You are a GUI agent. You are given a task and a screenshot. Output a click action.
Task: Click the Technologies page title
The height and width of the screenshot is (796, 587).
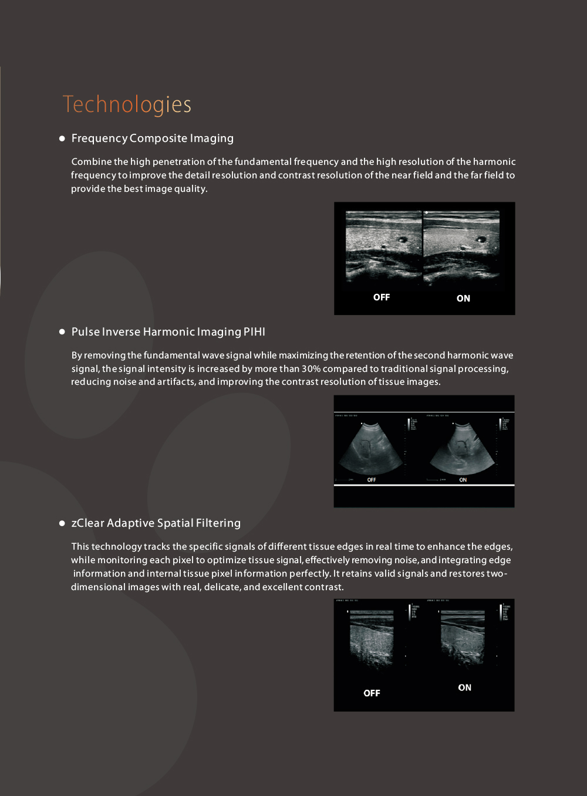pyautogui.click(x=127, y=104)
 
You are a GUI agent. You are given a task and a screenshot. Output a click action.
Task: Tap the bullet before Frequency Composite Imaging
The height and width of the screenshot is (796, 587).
pyautogui.click(x=62, y=138)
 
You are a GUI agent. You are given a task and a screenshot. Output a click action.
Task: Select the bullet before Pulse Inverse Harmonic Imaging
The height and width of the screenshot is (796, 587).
pyautogui.click(x=62, y=332)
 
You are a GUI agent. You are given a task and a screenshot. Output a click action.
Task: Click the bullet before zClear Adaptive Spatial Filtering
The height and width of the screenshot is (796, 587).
pyautogui.click(x=62, y=523)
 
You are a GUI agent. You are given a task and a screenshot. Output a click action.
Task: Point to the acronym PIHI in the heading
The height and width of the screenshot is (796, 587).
pyautogui.click(x=254, y=332)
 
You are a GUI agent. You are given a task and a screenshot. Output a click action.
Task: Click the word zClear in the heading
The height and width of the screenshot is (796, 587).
pyautogui.click(x=87, y=523)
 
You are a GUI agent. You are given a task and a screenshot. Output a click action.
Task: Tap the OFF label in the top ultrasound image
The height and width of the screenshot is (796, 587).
pyautogui.click(x=382, y=297)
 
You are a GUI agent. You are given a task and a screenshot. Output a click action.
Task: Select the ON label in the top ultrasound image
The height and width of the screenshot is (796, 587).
pyautogui.click(x=463, y=299)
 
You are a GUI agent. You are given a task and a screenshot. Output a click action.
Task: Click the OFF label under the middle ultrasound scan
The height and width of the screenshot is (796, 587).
pyautogui.click(x=372, y=480)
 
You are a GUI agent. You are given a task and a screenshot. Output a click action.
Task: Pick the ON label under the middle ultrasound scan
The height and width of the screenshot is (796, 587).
pyautogui.click(x=463, y=480)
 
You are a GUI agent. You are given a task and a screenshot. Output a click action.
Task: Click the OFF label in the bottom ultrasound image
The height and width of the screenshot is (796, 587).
pyautogui.click(x=372, y=693)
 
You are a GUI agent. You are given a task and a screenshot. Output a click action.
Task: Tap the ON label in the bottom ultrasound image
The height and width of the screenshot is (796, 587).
pyautogui.click(x=464, y=687)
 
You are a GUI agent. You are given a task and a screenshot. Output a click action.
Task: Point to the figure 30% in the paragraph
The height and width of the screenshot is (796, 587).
pyautogui.click(x=311, y=369)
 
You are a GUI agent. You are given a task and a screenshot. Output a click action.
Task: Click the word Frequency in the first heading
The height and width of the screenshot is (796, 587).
pyautogui.click(x=99, y=138)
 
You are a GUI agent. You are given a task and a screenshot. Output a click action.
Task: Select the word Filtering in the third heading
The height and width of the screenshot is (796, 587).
pyautogui.click(x=218, y=523)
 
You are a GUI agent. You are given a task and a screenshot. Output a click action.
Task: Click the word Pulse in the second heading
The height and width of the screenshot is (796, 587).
pyautogui.click(x=85, y=332)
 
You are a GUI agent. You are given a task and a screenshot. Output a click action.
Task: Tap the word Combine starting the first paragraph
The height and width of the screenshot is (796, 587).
pyautogui.click(x=91, y=162)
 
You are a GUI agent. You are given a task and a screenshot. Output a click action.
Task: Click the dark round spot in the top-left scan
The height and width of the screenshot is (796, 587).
pyautogui.click(x=402, y=239)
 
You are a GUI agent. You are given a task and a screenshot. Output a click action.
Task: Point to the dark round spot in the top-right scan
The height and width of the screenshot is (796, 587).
pyautogui.click(x=481, y=239)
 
